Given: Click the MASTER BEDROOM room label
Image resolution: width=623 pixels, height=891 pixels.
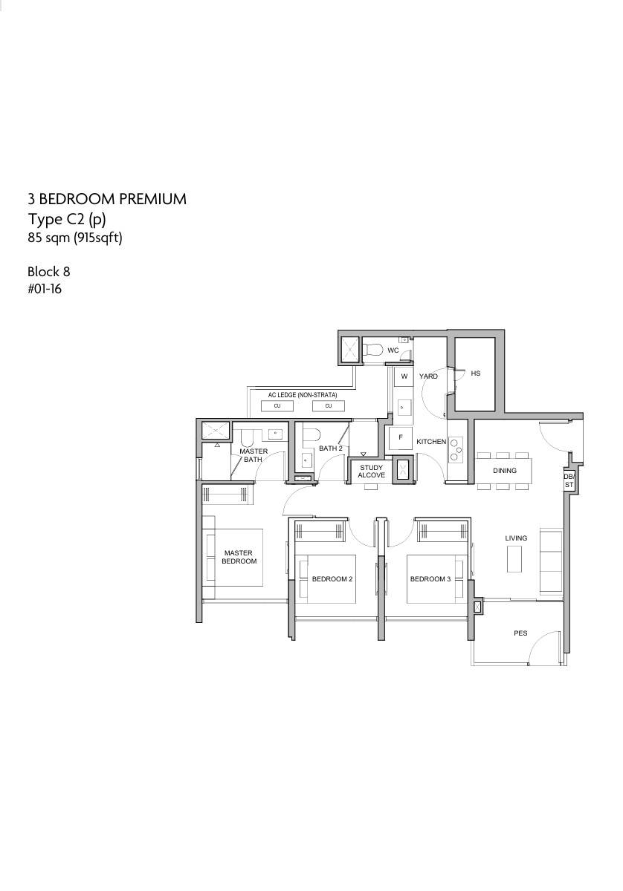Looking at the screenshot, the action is [239, 557].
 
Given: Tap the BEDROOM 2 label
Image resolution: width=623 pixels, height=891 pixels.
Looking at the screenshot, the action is [332, 578].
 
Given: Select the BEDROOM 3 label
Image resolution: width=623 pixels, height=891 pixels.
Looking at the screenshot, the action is [430, 578].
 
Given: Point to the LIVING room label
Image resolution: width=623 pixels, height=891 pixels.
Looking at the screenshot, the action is [516, 538].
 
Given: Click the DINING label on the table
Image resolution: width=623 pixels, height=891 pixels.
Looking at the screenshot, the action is [505, 471].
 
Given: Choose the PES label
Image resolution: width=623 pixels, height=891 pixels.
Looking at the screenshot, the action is [520, 633].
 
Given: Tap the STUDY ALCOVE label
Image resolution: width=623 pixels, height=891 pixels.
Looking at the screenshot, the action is [371, 471].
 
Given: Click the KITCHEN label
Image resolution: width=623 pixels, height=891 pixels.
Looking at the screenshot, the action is [431, 442].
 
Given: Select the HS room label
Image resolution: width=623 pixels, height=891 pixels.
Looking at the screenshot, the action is [476, 373].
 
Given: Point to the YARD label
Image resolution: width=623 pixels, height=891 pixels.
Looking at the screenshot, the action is [428, 376].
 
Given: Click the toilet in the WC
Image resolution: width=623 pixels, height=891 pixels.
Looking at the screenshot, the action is [373, 350].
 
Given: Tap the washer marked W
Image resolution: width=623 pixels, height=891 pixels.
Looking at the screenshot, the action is [404, 377].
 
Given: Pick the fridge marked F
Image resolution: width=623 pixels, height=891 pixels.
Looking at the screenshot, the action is [400, 437].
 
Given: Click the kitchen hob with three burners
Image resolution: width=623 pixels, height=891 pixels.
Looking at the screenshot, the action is [456, 449].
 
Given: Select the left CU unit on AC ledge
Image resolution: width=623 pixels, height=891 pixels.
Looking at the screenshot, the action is [277, 405].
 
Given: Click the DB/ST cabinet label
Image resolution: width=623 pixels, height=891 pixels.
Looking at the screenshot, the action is [569, 480].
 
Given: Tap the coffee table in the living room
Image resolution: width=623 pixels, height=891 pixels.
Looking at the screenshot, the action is [514, 558].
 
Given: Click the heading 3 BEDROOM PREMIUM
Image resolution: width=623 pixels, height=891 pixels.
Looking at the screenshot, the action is [107, 199].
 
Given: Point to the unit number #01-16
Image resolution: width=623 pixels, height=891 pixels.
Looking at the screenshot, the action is [45, 289].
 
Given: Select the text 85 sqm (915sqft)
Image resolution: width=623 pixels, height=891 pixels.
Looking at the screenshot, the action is [75, 238].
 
